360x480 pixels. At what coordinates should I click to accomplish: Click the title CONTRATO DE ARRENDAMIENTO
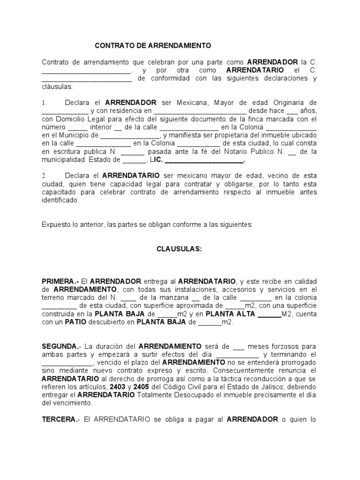(153, 46)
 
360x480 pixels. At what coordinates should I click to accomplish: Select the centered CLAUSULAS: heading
(179, 249)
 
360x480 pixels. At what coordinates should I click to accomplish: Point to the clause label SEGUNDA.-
(61, 346)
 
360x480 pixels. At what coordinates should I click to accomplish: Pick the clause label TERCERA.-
(60, 420)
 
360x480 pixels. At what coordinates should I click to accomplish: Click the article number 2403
(117, 387)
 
